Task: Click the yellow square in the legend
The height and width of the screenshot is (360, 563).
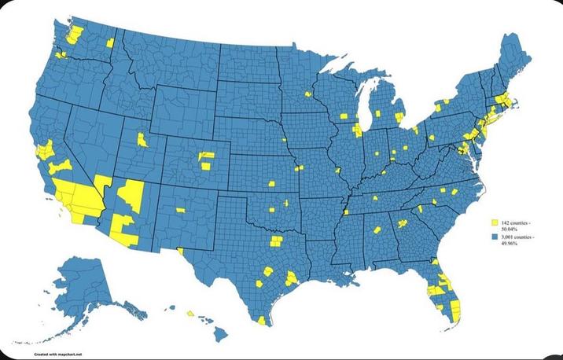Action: (495, 224)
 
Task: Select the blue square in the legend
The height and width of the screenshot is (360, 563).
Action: (495, 236)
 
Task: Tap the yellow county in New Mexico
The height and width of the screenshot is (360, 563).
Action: (180, 210)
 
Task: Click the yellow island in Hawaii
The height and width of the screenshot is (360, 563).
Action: (190, 313)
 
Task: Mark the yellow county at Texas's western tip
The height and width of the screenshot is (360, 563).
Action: (181, 252)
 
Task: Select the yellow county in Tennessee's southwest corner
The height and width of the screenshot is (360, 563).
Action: (345, 211)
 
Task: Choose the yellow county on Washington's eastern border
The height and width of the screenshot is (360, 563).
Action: (110, 42)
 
